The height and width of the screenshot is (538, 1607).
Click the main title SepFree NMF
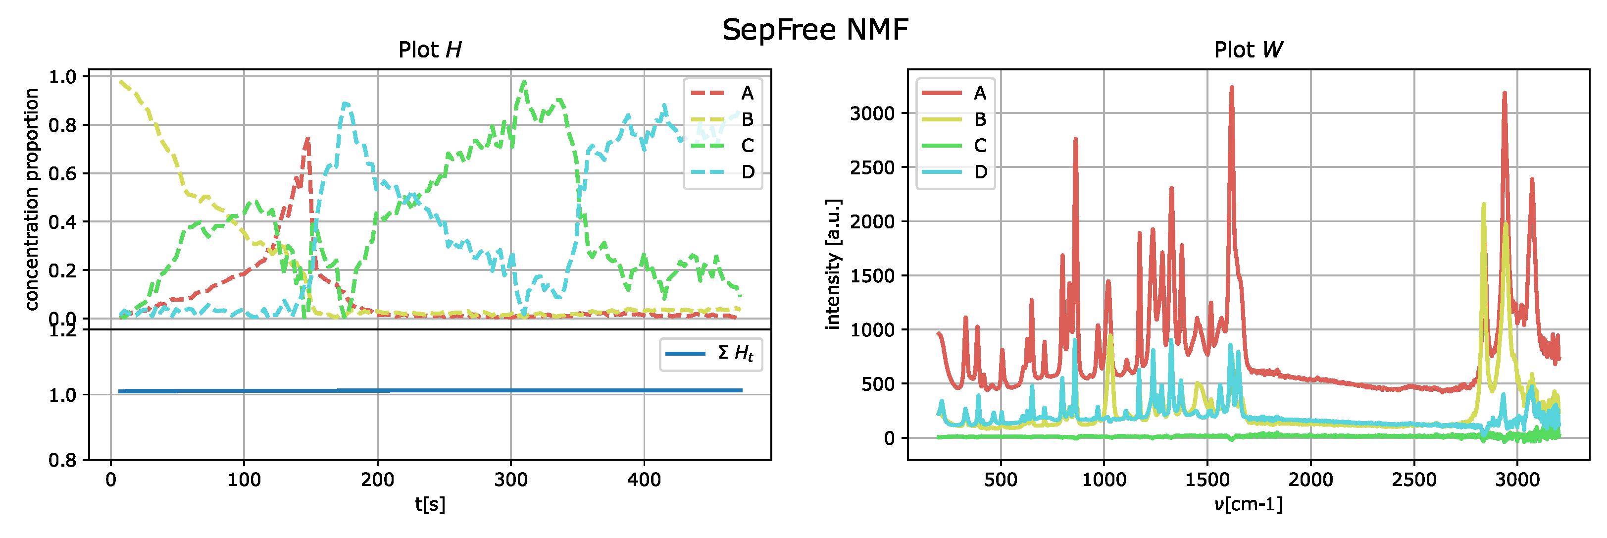point(815,29)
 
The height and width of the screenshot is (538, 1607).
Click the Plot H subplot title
point(430,50)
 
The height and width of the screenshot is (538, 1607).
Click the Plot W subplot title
point(1248,50)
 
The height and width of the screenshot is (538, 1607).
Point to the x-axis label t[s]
point(430,504)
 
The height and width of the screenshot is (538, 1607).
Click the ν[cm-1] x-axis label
point(1248,504)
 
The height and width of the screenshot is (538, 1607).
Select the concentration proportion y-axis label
point(31,199)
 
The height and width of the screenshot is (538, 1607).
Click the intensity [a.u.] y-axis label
point(833,264)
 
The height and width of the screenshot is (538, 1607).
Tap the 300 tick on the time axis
point(510,480)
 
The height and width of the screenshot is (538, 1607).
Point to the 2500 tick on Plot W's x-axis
point(1413,480)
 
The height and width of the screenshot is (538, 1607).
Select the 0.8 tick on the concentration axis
point(62,125)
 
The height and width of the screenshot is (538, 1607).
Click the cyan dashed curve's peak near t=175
point(346,104)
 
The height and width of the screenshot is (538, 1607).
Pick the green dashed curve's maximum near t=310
point(524,82)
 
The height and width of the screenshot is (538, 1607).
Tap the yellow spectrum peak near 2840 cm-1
point(1483,204)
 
